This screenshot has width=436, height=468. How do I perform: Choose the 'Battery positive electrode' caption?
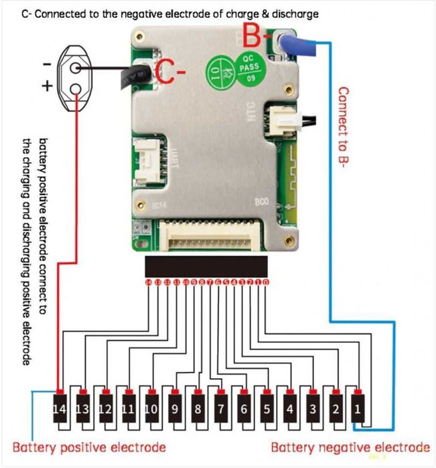pyautogui.click(x=89, y=447)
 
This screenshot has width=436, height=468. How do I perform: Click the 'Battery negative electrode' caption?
pyautogui.click(x=350, y=447)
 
